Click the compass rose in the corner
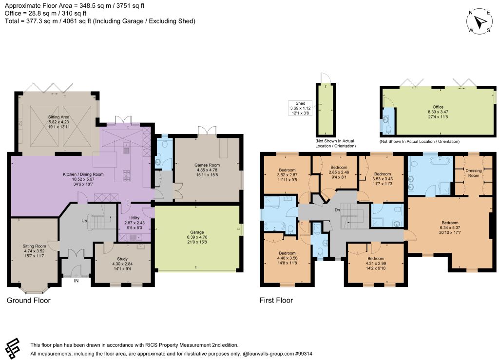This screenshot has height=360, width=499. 480,21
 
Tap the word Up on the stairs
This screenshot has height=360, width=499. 84,221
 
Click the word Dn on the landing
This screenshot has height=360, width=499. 337,210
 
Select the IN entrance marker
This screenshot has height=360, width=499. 77,281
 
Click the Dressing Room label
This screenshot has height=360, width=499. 474,173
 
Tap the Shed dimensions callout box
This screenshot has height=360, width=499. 300,108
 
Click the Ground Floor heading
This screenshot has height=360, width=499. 29,300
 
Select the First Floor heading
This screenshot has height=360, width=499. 276,300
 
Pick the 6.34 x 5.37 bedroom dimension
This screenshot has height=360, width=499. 450,227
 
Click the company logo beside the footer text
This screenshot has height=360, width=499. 12,348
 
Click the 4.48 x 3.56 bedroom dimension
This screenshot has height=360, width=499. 288,258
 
